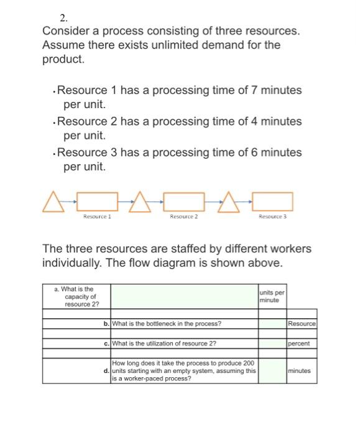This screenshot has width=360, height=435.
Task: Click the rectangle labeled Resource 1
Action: coord(97,201)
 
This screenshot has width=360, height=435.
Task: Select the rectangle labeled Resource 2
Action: coord(183,201)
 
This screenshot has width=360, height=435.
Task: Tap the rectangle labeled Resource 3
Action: coord(272,201)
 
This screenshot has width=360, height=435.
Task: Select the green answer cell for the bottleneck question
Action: coord(272,324)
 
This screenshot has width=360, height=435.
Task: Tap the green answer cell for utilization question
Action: coord(272,343)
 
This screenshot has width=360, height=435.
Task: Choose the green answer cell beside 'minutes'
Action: coord(272,371)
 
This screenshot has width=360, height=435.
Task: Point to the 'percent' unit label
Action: coord(298,343)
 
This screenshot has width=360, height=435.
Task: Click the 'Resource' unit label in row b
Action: coord(302,324)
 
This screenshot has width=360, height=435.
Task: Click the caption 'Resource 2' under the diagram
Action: coord(183,216)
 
